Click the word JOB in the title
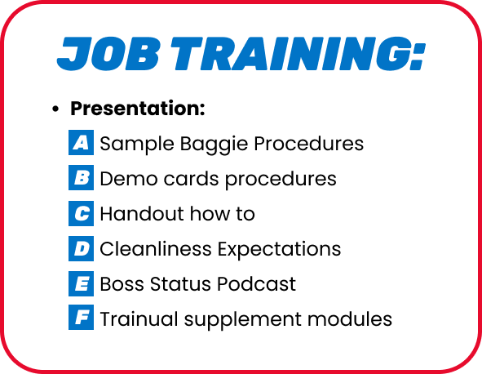108,54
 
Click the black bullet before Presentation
55,109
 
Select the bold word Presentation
137,109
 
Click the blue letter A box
82,143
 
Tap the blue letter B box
82,178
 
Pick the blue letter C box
82,213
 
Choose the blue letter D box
82,248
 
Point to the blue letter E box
82,283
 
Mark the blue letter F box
82,317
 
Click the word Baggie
214,145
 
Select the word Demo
129,179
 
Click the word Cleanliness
156,248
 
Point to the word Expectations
280,250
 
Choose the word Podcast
256,283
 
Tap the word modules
350,318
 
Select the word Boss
122,283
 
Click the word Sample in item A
137,145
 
